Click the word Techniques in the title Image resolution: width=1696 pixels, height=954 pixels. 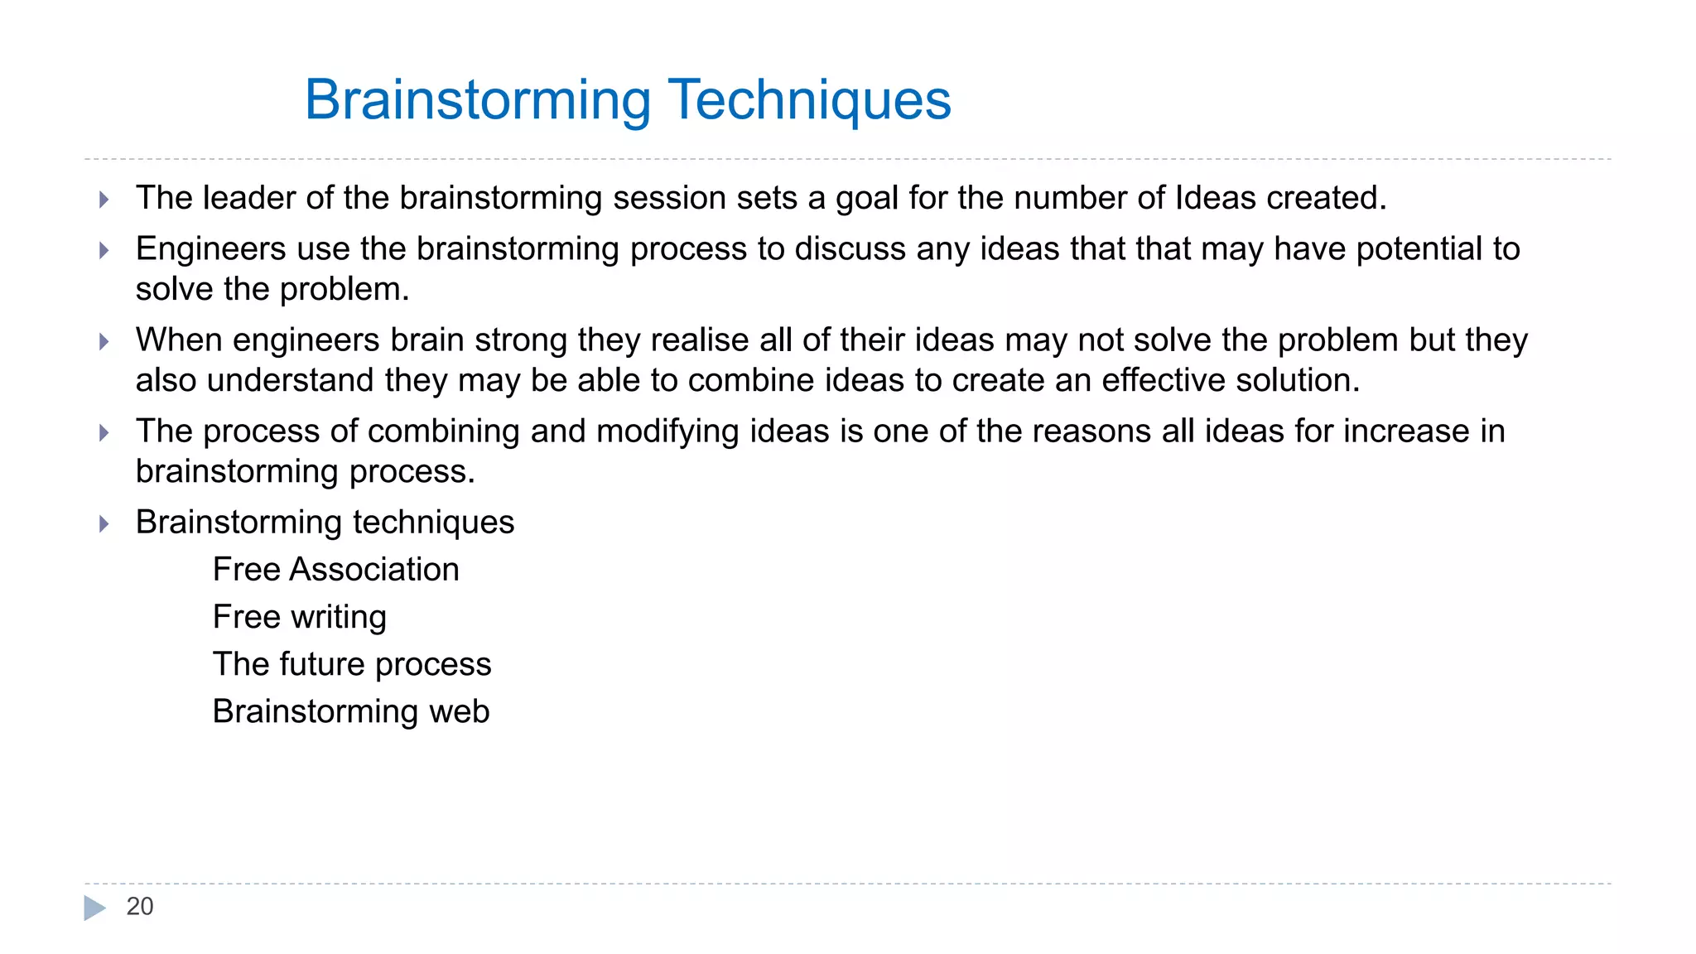tap(809, 100)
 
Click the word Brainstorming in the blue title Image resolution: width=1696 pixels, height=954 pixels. tap(478, 100)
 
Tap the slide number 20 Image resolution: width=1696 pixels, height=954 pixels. tap(139, 907)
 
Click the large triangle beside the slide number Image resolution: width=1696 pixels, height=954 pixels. tap(94, 908)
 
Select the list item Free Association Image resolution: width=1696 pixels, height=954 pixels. tap(335, 570)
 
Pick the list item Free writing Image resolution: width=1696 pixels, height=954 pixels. tap(299, 617)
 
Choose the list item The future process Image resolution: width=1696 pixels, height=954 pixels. tap(351, 664)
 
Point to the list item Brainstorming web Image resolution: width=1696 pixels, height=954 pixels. tap(350, 711)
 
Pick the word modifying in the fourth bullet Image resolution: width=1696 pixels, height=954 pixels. tap(667, 431)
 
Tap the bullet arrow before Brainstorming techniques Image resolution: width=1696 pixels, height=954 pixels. tap(104, 523)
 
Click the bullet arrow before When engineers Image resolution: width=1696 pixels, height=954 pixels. tap(104, 341)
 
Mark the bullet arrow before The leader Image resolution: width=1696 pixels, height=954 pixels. tap(104, 200)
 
